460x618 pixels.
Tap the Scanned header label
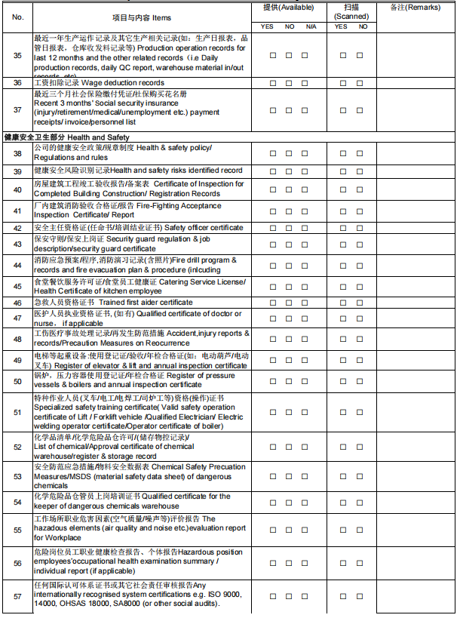point(351,11)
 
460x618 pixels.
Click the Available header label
point(289,7)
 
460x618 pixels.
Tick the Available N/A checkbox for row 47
point(305,318)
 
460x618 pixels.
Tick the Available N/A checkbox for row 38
point(305,153)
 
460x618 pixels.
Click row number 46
point(17,303)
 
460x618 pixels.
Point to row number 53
point(17,476)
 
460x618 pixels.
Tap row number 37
point(17,109)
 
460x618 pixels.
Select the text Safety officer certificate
point(204,228)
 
